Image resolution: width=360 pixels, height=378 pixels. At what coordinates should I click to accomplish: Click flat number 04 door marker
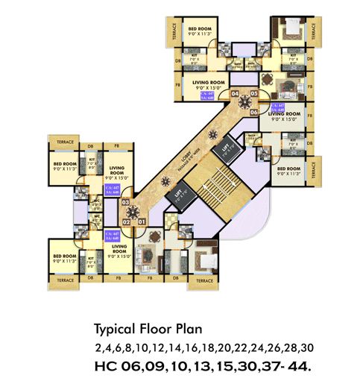click(x=236, y=95)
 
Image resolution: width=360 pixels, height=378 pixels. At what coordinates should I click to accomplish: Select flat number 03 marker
click(x=125, y=202)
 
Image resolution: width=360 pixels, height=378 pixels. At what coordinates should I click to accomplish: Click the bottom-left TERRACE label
click(x=65, y=280)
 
